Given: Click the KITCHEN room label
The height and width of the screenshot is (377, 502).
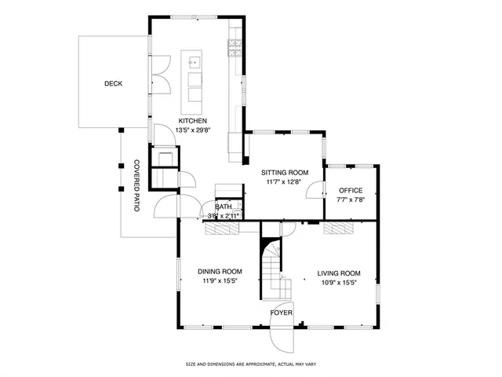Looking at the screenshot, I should (192, 121).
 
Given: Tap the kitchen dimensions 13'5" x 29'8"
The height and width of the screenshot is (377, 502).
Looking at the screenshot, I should (192, 130).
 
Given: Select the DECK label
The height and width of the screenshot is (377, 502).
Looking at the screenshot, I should (113, 83).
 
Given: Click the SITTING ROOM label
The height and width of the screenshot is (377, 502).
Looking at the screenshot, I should (284, 173).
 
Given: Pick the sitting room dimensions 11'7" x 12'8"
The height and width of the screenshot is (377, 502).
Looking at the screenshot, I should (284, 182).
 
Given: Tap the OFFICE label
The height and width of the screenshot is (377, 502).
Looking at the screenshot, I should (351, 191).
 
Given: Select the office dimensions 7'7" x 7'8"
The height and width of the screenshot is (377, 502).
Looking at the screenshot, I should (351, 199).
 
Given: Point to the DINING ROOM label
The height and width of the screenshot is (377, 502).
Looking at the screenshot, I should (219, 271).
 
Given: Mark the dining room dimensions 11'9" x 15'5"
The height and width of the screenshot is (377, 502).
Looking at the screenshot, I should (219, 280).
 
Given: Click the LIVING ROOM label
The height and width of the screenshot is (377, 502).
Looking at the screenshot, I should (338, 273).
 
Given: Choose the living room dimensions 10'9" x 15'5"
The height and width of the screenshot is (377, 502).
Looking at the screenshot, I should (338, 283).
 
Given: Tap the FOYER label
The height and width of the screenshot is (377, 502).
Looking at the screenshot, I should (282, 313).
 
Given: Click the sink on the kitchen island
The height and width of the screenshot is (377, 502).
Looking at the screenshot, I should (194, 60).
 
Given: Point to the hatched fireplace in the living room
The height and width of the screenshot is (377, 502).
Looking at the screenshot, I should (339, 228).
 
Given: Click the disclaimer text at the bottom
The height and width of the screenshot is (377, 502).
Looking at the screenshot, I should (250, 364).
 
